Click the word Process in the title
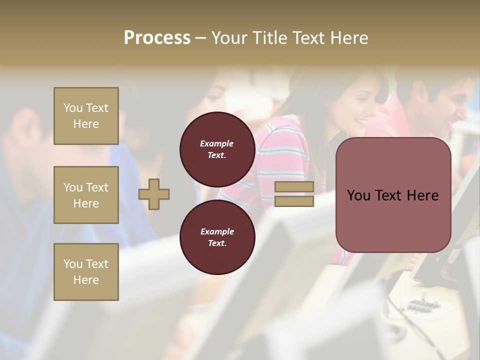click(157, 38)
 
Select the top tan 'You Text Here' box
click(86, 116)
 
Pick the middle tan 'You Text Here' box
click(86, 195)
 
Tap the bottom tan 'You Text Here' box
click(86, 272)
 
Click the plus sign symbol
click(154, 194)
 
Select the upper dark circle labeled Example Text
click(217, 149)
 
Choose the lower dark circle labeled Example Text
click(217, 237)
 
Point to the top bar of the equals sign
click(294, 187)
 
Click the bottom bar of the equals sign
click(294, 201)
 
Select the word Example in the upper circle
click(217, 143)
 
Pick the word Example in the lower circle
click(217, 231)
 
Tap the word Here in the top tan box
click(86, 124)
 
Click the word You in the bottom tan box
click(73, 264)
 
